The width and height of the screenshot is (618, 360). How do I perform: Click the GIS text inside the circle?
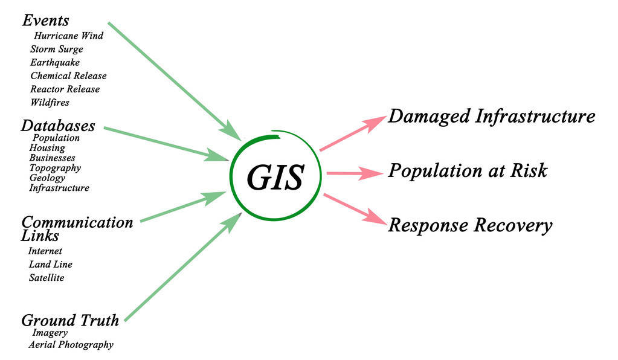275,176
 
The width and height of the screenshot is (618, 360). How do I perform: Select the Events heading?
45,21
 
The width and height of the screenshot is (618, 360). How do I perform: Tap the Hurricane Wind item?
68,36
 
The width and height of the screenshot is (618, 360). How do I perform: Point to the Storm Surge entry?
56,49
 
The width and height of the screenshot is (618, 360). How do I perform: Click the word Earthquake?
55,62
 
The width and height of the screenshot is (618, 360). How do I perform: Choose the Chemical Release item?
68,76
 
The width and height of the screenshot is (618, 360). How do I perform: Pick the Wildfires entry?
50,102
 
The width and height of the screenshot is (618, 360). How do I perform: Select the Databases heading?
58,126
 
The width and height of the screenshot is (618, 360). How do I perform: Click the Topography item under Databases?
55,168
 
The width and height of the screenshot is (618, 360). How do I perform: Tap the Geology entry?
47,178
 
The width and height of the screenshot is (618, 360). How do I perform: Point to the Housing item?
47,147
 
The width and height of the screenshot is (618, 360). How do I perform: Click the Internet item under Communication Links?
45,251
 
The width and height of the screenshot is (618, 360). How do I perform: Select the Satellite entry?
47,278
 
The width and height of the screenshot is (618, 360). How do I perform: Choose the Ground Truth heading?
70,320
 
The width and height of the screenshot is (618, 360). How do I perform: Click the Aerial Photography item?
71,345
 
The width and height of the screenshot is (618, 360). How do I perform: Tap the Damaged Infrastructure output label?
491,116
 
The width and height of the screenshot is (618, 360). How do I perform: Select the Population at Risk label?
468,171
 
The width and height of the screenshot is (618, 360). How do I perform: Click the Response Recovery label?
469,226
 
